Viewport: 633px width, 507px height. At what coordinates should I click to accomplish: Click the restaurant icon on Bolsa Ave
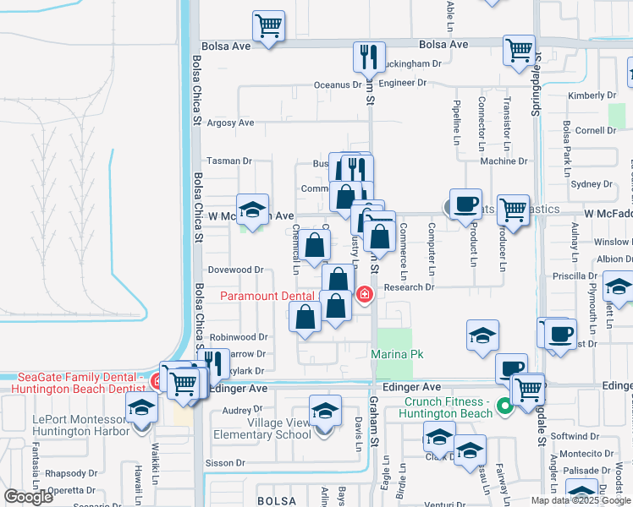[369, 57]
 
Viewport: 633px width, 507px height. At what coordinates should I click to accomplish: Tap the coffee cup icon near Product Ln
[465, 204]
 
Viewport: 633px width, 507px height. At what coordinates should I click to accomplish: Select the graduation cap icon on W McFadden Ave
[251, 209]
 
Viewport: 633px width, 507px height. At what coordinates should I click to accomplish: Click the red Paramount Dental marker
[364, 295]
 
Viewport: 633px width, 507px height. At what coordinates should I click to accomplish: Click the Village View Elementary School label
[279, 428]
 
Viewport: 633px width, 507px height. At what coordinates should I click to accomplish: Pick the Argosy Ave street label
[231, 123]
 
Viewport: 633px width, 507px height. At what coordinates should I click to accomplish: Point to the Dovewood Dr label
[236, 270]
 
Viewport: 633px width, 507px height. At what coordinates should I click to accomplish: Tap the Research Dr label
[408, 287]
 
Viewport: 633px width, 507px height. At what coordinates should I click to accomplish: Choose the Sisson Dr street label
[226, 463]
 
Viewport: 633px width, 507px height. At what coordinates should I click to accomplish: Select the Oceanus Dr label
[338, 84]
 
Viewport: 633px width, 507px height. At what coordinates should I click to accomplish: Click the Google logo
[29, 497]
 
